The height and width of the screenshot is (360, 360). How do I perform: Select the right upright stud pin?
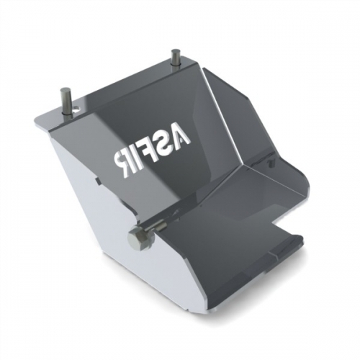coord(175,58)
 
